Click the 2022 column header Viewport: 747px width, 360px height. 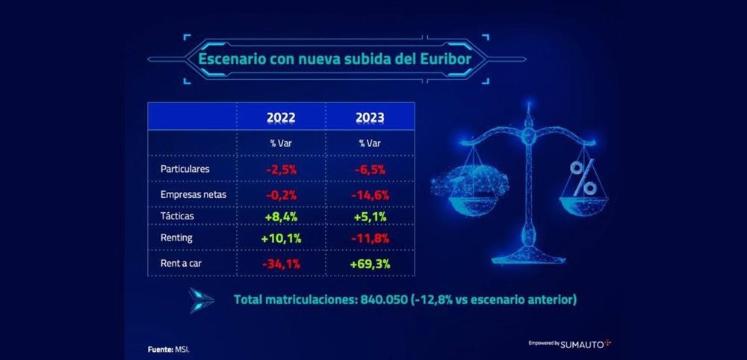click(x=281, y=118)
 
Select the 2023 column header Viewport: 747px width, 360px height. click(x=371, y=118)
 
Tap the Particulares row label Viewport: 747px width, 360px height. click(x=185, y=169)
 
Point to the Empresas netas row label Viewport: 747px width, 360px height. click(x=193, y=194)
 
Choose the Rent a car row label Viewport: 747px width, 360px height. click(x=182, y=263)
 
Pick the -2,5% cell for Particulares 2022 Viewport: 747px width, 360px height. click(x=281, y=170)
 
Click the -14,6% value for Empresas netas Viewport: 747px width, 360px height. click(x=371, y=194)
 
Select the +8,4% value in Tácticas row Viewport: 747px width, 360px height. click(x=281, y=217)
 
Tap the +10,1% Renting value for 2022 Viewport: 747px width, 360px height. click(x=281, y=238)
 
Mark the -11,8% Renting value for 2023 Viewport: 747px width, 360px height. click(x=371, y=238)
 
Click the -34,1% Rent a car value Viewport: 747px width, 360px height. click(x=281, y=263)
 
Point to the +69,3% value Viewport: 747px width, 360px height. click(x=371, y=263)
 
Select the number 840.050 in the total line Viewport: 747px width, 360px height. click(x=386, y=300)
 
